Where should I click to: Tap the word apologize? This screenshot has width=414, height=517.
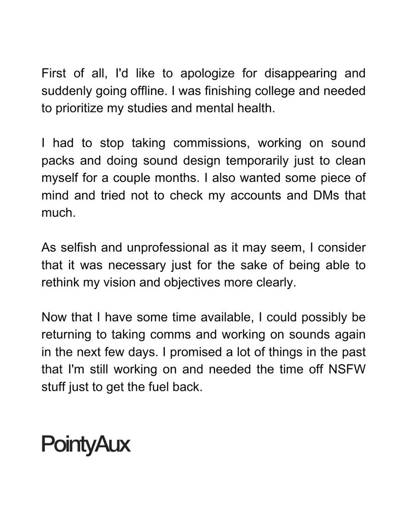[207, 73]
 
